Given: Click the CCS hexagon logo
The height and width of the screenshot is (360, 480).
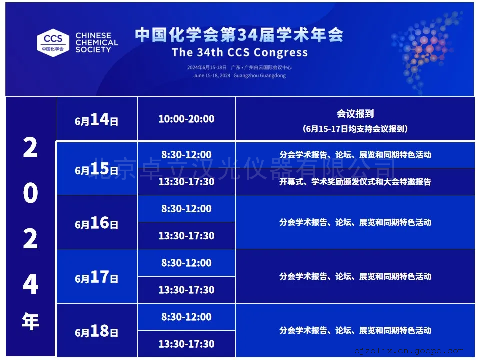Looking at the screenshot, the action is point(53,43).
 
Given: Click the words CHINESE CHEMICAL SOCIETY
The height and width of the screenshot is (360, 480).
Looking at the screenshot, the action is point(96,43).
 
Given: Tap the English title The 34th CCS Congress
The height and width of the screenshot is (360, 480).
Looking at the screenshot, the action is point(240,52).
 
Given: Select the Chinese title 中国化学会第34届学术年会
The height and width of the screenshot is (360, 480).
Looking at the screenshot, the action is point(239,34).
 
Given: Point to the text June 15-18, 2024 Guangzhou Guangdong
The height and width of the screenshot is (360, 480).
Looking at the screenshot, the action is point(239,75).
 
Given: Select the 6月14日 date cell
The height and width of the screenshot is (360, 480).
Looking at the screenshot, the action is point(96,119).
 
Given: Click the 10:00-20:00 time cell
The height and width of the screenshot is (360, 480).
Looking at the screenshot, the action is point(186,119).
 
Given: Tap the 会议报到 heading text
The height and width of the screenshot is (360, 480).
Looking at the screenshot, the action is point(355,114).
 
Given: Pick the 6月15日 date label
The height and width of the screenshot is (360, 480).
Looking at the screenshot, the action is point(96,168).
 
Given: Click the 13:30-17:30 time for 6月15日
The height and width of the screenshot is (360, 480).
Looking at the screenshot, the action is point(186,182).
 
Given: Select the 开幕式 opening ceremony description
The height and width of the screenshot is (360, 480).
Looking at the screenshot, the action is point(355,182).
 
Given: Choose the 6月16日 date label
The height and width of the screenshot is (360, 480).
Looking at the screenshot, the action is point(96,223).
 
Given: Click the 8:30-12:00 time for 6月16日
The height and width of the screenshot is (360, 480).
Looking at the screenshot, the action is point(186,209).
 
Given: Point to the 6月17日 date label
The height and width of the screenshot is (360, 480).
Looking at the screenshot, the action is point(96,277).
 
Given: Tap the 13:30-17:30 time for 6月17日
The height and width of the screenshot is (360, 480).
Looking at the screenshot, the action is point(186,290).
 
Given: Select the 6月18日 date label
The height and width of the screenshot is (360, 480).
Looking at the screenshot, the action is point(96,331).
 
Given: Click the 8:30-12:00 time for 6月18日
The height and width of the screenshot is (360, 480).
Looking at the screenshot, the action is point(186,317).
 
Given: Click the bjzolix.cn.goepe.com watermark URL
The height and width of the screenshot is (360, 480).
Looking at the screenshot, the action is point(409,351).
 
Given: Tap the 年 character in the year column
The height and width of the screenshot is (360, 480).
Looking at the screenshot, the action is point(30,321).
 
